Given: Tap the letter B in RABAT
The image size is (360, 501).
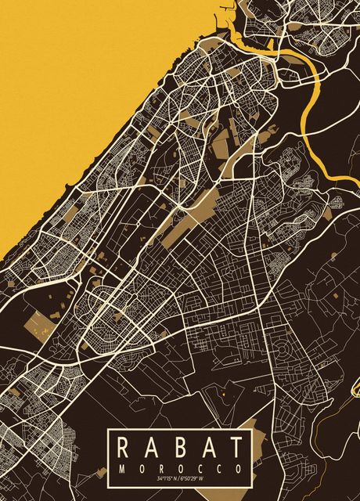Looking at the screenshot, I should pyautogui.click(x=180, y=448).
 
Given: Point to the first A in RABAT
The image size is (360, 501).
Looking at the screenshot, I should pyautogui.click(x=152, y=448).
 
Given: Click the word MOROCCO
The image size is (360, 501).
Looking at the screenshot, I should pyautogui.click(x=180, y=467).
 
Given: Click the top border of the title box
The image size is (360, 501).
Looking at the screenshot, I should pyautogui.click(x=180, y=430).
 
